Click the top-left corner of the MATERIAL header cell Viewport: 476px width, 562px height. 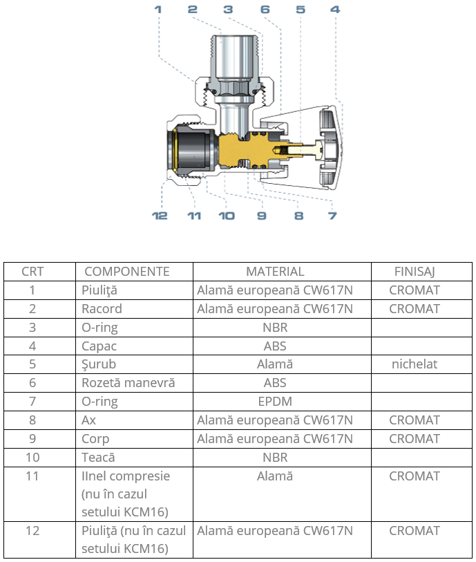point(193,263)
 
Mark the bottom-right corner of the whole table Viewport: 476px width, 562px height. point(472,558)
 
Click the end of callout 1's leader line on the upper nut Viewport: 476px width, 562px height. point(196,82)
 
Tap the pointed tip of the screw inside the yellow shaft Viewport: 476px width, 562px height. point(272,149)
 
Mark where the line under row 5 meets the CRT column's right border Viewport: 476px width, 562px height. point(75,374)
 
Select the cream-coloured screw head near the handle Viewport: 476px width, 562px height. point(318,149)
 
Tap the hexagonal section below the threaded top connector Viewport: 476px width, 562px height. point(234,88)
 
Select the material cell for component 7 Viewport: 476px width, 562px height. point(275,402)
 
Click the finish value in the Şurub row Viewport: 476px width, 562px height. point(415,364)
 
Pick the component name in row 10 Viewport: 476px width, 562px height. point(98,458)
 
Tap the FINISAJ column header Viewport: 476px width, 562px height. point(415,272)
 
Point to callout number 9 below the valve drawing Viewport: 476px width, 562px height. point(262,216)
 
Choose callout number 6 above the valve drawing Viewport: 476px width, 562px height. point(265,9)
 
